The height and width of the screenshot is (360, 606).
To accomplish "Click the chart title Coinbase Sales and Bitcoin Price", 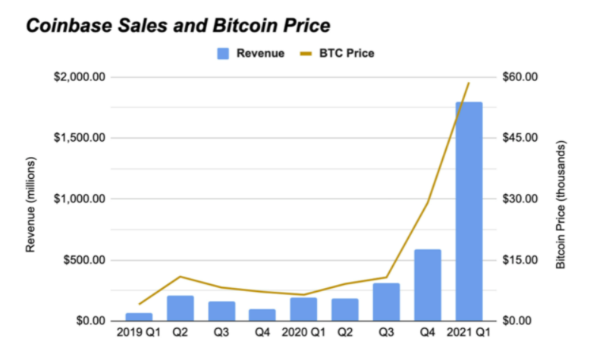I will coord(177,25).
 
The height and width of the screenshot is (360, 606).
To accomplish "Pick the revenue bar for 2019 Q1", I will coord(139,316).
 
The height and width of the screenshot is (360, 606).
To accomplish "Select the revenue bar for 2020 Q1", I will coord(303,308).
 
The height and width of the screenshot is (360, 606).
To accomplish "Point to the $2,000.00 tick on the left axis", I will coord(79,77).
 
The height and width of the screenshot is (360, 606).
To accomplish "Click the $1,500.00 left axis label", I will coord(79,138).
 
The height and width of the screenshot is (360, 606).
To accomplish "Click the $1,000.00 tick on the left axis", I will coord(79,199).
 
